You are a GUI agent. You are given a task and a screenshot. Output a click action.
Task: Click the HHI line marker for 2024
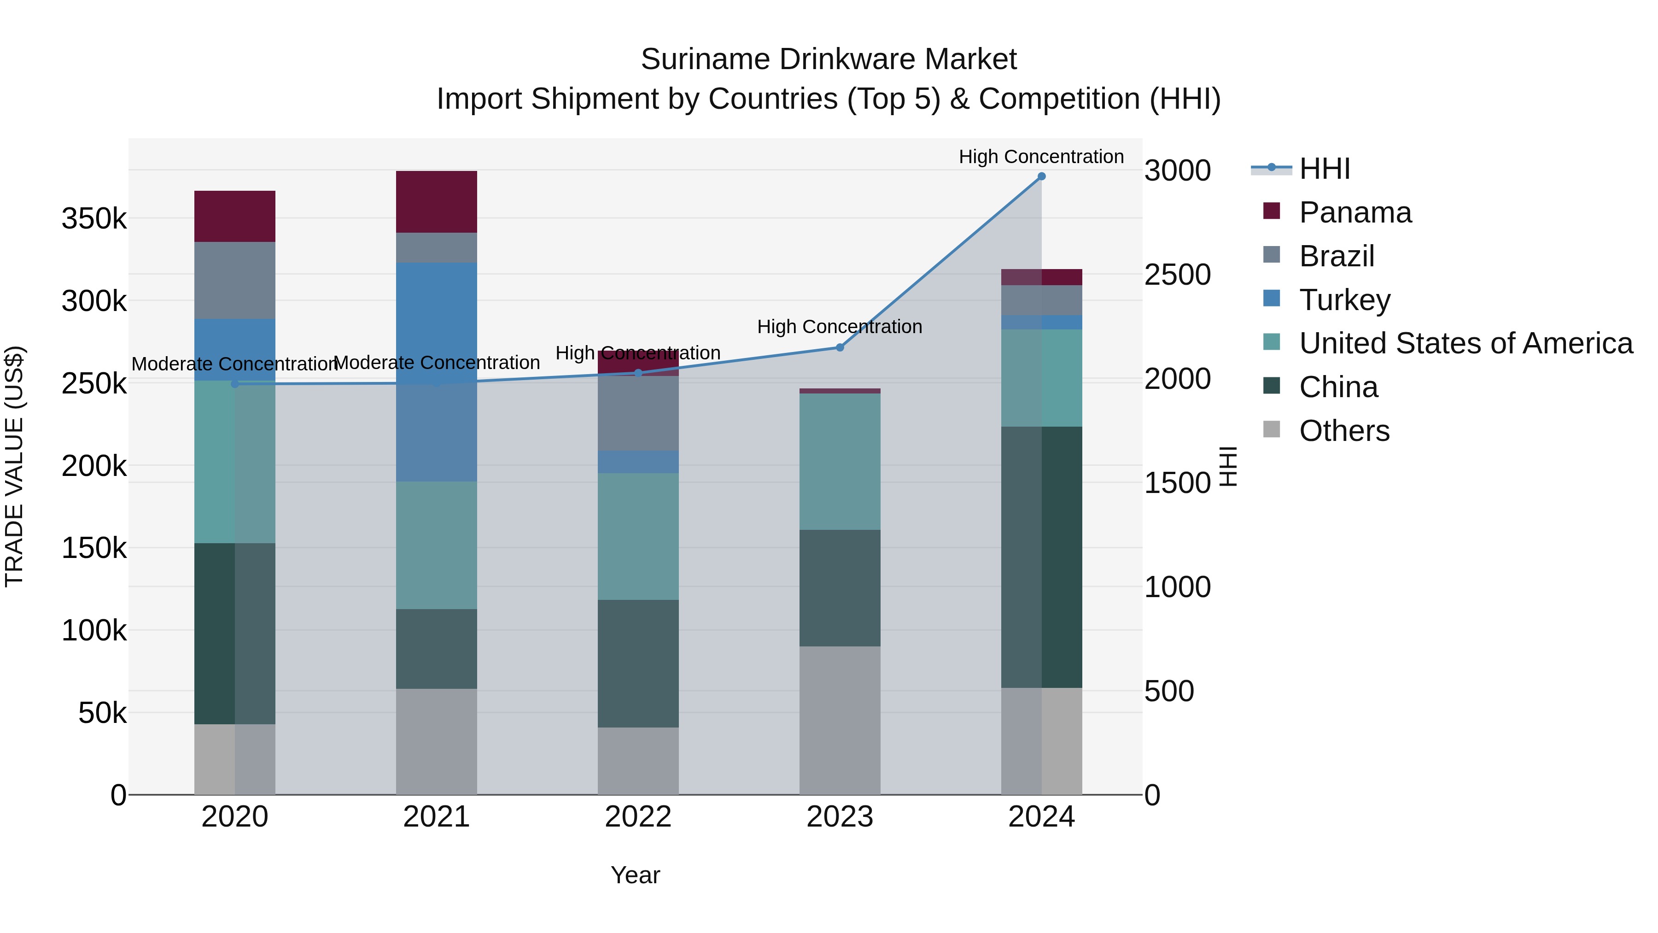(1041, 176)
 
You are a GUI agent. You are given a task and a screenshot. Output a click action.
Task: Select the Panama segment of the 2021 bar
(437, 201)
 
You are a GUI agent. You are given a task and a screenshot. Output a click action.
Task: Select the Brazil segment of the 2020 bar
(235, 280)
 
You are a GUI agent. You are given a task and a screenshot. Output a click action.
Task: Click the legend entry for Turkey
(1344, 300)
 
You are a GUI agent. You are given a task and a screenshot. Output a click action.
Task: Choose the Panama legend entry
(1355, 212)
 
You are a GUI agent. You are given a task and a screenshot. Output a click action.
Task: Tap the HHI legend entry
(1324, 169)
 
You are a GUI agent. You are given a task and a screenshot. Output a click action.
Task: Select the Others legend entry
(1344, 431)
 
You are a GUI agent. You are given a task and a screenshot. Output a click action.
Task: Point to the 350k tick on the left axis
(94, 219)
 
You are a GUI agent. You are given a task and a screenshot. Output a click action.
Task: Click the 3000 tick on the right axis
(1177, 170)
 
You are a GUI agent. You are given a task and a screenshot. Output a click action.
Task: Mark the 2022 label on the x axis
(638, 817)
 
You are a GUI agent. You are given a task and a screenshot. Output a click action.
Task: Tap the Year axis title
(635, 875)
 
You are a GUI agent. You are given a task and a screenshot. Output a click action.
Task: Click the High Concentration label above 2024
(1041, 157)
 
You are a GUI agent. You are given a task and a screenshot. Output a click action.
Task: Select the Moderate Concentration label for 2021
(437, 363)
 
